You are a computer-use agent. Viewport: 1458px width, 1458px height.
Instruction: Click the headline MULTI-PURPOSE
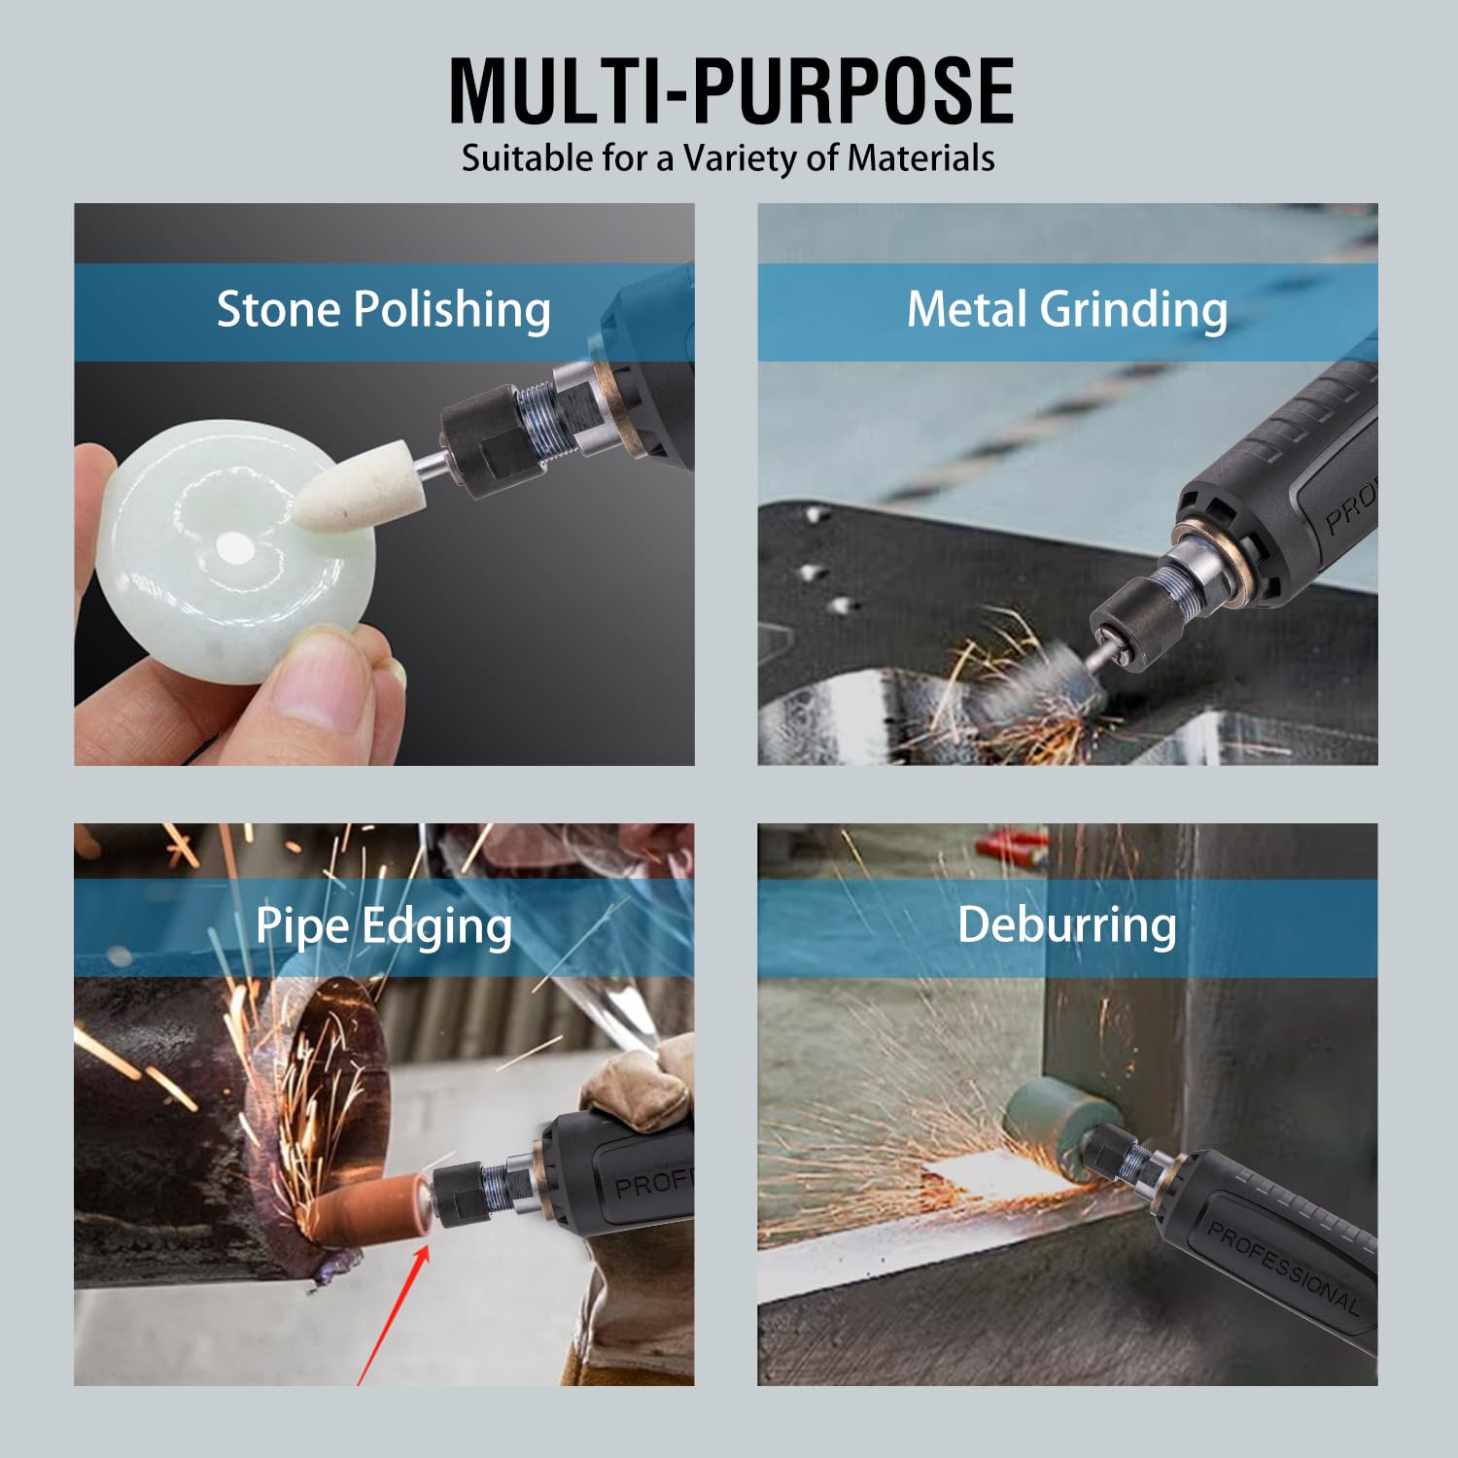(x=732, y=90)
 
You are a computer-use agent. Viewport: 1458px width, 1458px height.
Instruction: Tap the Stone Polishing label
(x=383, y=310)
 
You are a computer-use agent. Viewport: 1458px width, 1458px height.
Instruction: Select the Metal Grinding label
(x=1066, y=310)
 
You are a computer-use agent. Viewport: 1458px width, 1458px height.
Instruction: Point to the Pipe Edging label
(x=383, y=926)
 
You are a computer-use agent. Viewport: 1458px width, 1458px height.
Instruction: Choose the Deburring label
(x=1066, y=924)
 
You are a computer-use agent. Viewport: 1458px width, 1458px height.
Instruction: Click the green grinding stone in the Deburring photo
(x=1052, y=1129)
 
